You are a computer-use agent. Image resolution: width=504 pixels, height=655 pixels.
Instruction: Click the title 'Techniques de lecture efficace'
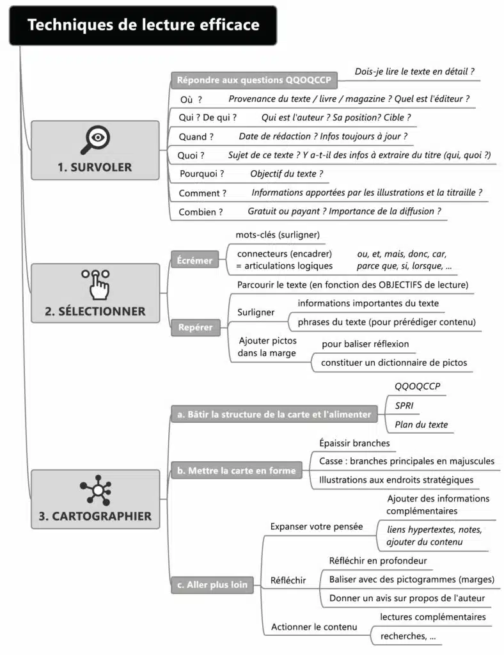point(143,25)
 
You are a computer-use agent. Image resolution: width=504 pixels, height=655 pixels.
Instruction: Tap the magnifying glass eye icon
point(95,139)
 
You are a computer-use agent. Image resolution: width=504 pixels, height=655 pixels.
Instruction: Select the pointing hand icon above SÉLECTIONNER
point(95,283)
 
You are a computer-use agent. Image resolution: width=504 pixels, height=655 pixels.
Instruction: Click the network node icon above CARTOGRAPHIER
point(95,491)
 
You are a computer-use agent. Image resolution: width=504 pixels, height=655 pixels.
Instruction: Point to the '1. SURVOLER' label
point(95,167)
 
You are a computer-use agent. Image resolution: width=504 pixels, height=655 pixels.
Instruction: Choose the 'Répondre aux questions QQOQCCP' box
point(254,80)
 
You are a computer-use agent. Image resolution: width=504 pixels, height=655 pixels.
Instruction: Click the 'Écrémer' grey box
point(194,260)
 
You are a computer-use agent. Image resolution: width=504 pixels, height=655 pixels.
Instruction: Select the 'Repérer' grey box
point(195,327)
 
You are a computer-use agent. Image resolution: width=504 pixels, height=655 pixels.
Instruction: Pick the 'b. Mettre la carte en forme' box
point(237,471)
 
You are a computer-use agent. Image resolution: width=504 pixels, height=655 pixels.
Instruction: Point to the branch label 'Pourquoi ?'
point(201,173)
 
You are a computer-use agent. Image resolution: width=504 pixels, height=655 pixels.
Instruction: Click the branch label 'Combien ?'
point(201,212)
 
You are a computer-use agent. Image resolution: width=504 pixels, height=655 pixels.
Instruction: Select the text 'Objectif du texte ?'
point(287,173)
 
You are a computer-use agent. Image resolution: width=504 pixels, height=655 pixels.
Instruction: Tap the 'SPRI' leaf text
point(404,406)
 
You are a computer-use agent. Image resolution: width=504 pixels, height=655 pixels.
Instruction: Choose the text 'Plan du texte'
point(421,424)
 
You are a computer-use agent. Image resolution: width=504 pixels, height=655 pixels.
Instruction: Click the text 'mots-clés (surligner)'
point(278,235)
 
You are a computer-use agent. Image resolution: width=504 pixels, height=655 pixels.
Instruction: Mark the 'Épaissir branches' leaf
point(354,443)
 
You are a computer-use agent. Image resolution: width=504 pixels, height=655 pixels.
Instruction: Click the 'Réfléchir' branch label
point(288,580)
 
